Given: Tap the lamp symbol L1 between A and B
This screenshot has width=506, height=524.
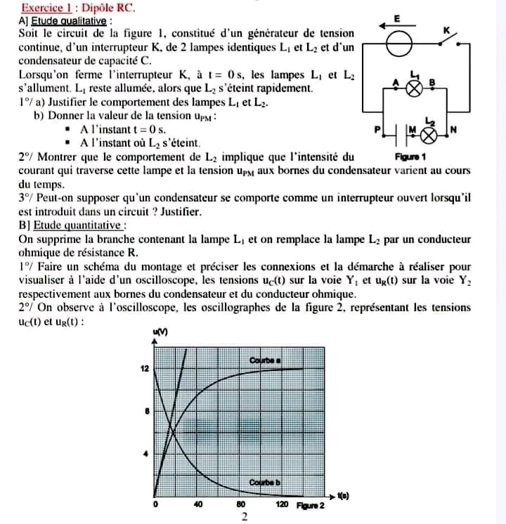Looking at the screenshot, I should tap(415, 88).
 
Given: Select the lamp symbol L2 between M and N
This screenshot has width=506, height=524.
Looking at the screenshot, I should tap(426, 131).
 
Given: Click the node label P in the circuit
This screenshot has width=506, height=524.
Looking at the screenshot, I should tap(377, 131).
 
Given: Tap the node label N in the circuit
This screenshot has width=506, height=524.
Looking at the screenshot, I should tap(453, 130).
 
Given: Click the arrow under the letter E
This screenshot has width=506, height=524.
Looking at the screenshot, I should tap(397, 26).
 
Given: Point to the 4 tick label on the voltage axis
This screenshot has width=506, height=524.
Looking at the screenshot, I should tap(145, 454).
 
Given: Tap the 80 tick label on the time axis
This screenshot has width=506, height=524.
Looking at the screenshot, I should tap(240, 504).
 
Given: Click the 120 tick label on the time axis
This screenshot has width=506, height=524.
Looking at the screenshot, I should tap(283, 504).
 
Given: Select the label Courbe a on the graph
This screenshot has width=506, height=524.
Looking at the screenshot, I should tap(266, 360).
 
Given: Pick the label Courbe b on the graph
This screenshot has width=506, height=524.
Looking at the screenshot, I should tap(266, 483).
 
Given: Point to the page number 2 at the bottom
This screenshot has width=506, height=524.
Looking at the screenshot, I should tap(245, 516).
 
